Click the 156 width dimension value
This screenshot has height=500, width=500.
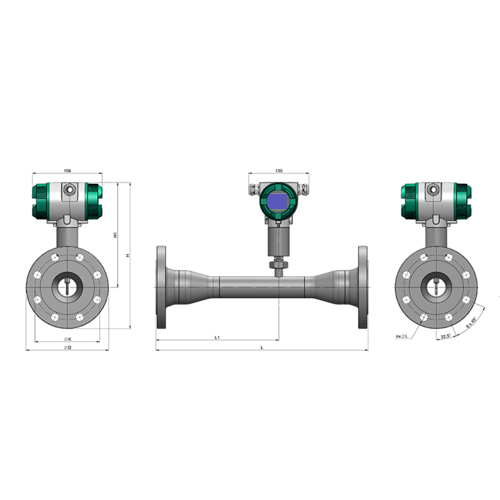[67, 170]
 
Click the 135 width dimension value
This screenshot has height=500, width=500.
[279, 170]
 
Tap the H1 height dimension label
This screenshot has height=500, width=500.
[116, 235]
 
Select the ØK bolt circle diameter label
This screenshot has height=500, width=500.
[68, 339]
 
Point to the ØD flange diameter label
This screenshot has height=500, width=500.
[67, 348]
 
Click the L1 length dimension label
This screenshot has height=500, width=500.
[217, 337]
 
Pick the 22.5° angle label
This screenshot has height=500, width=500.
[445, 336]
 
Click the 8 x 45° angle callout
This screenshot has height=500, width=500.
[471, 323]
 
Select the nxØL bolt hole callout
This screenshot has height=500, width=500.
[402, 336]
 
